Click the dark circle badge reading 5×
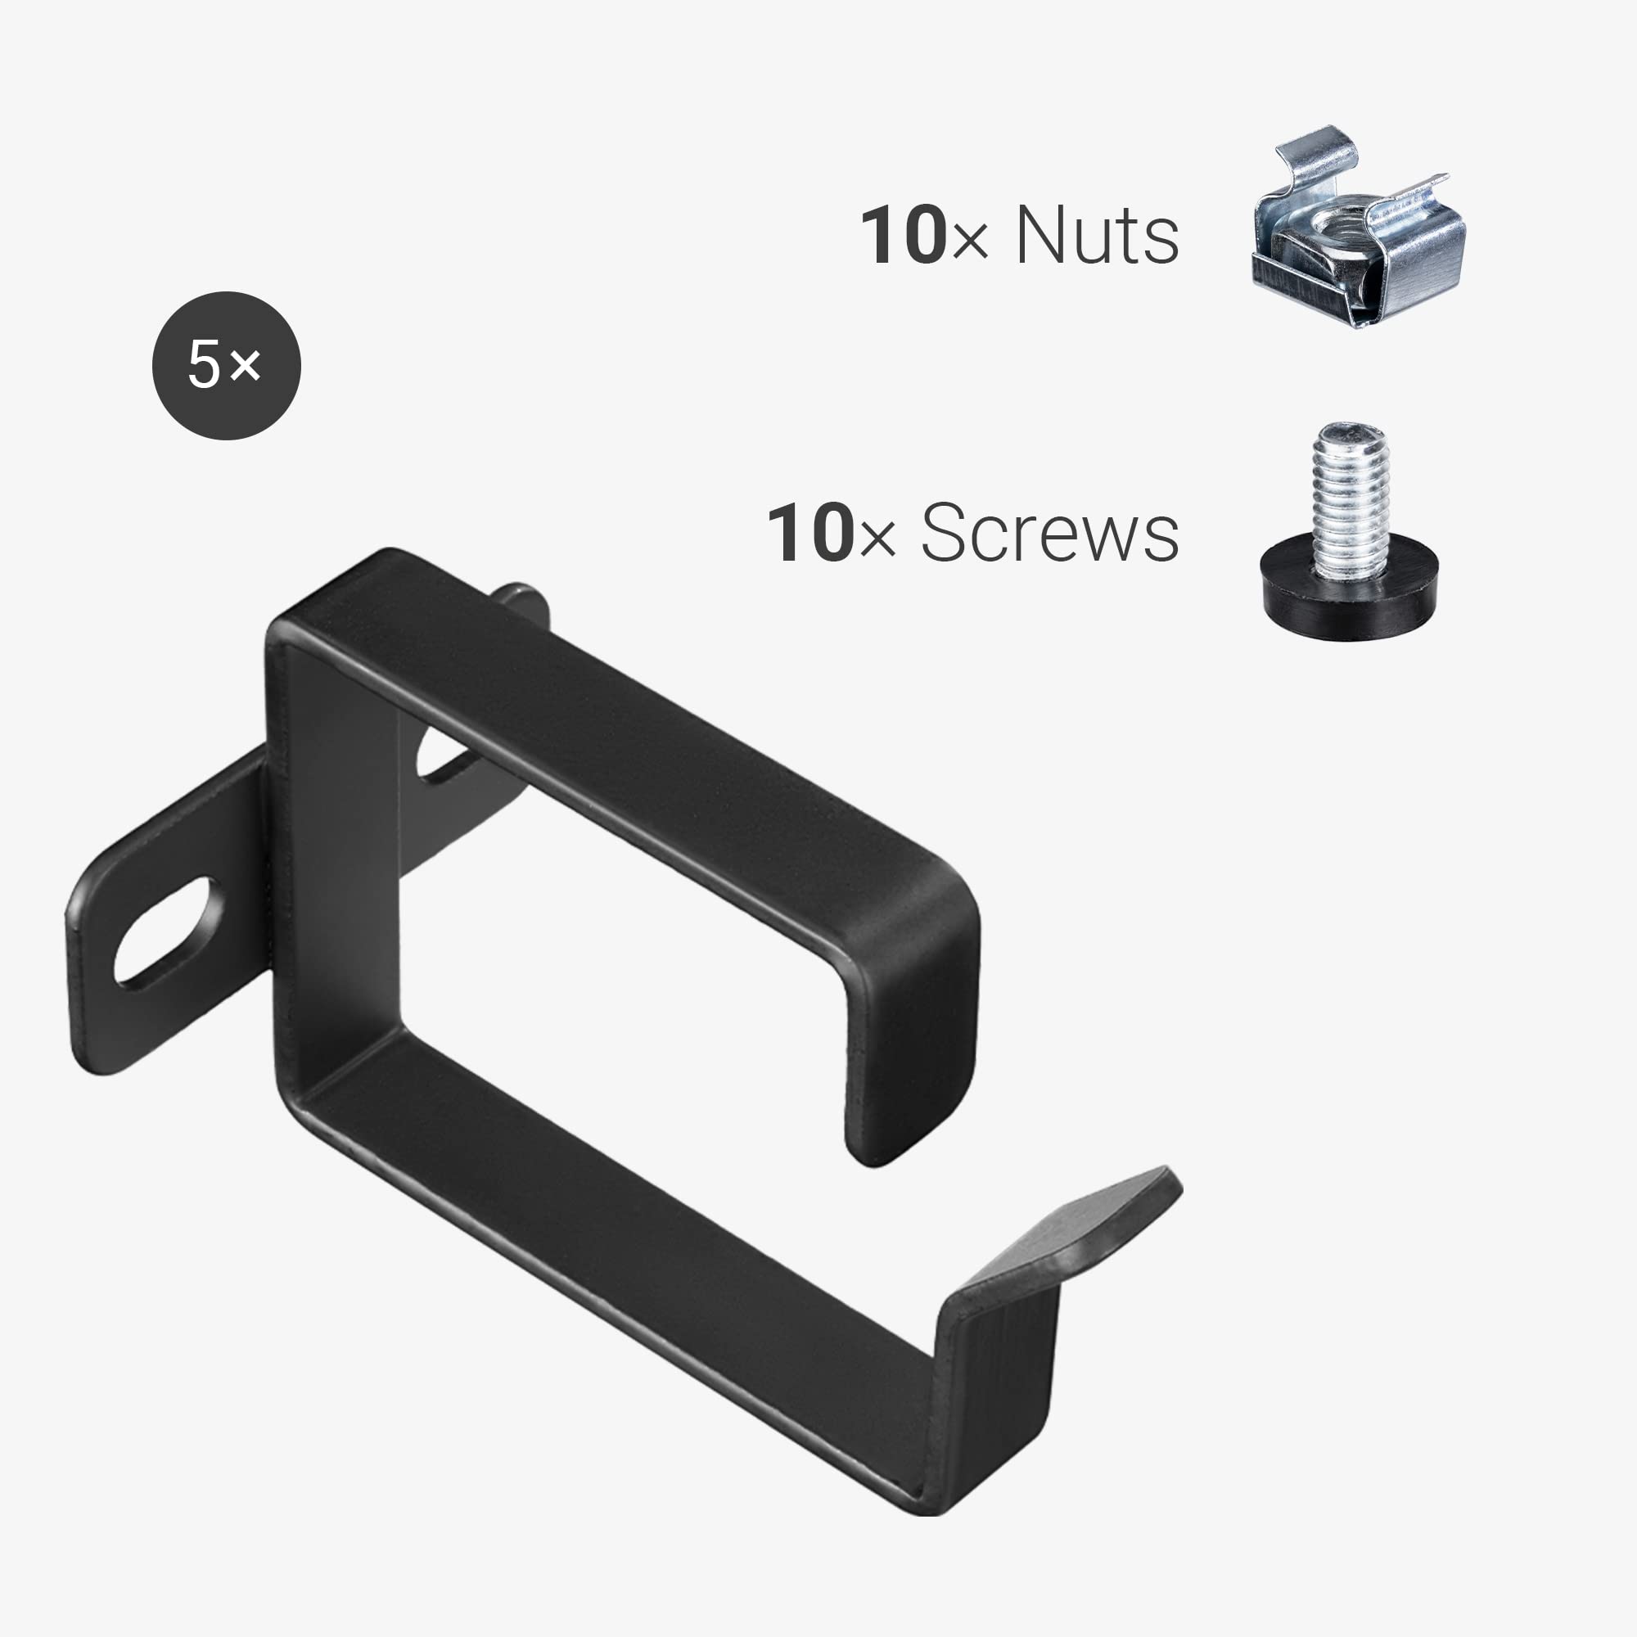coord(226,365)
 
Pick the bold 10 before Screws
coord(809,533)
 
